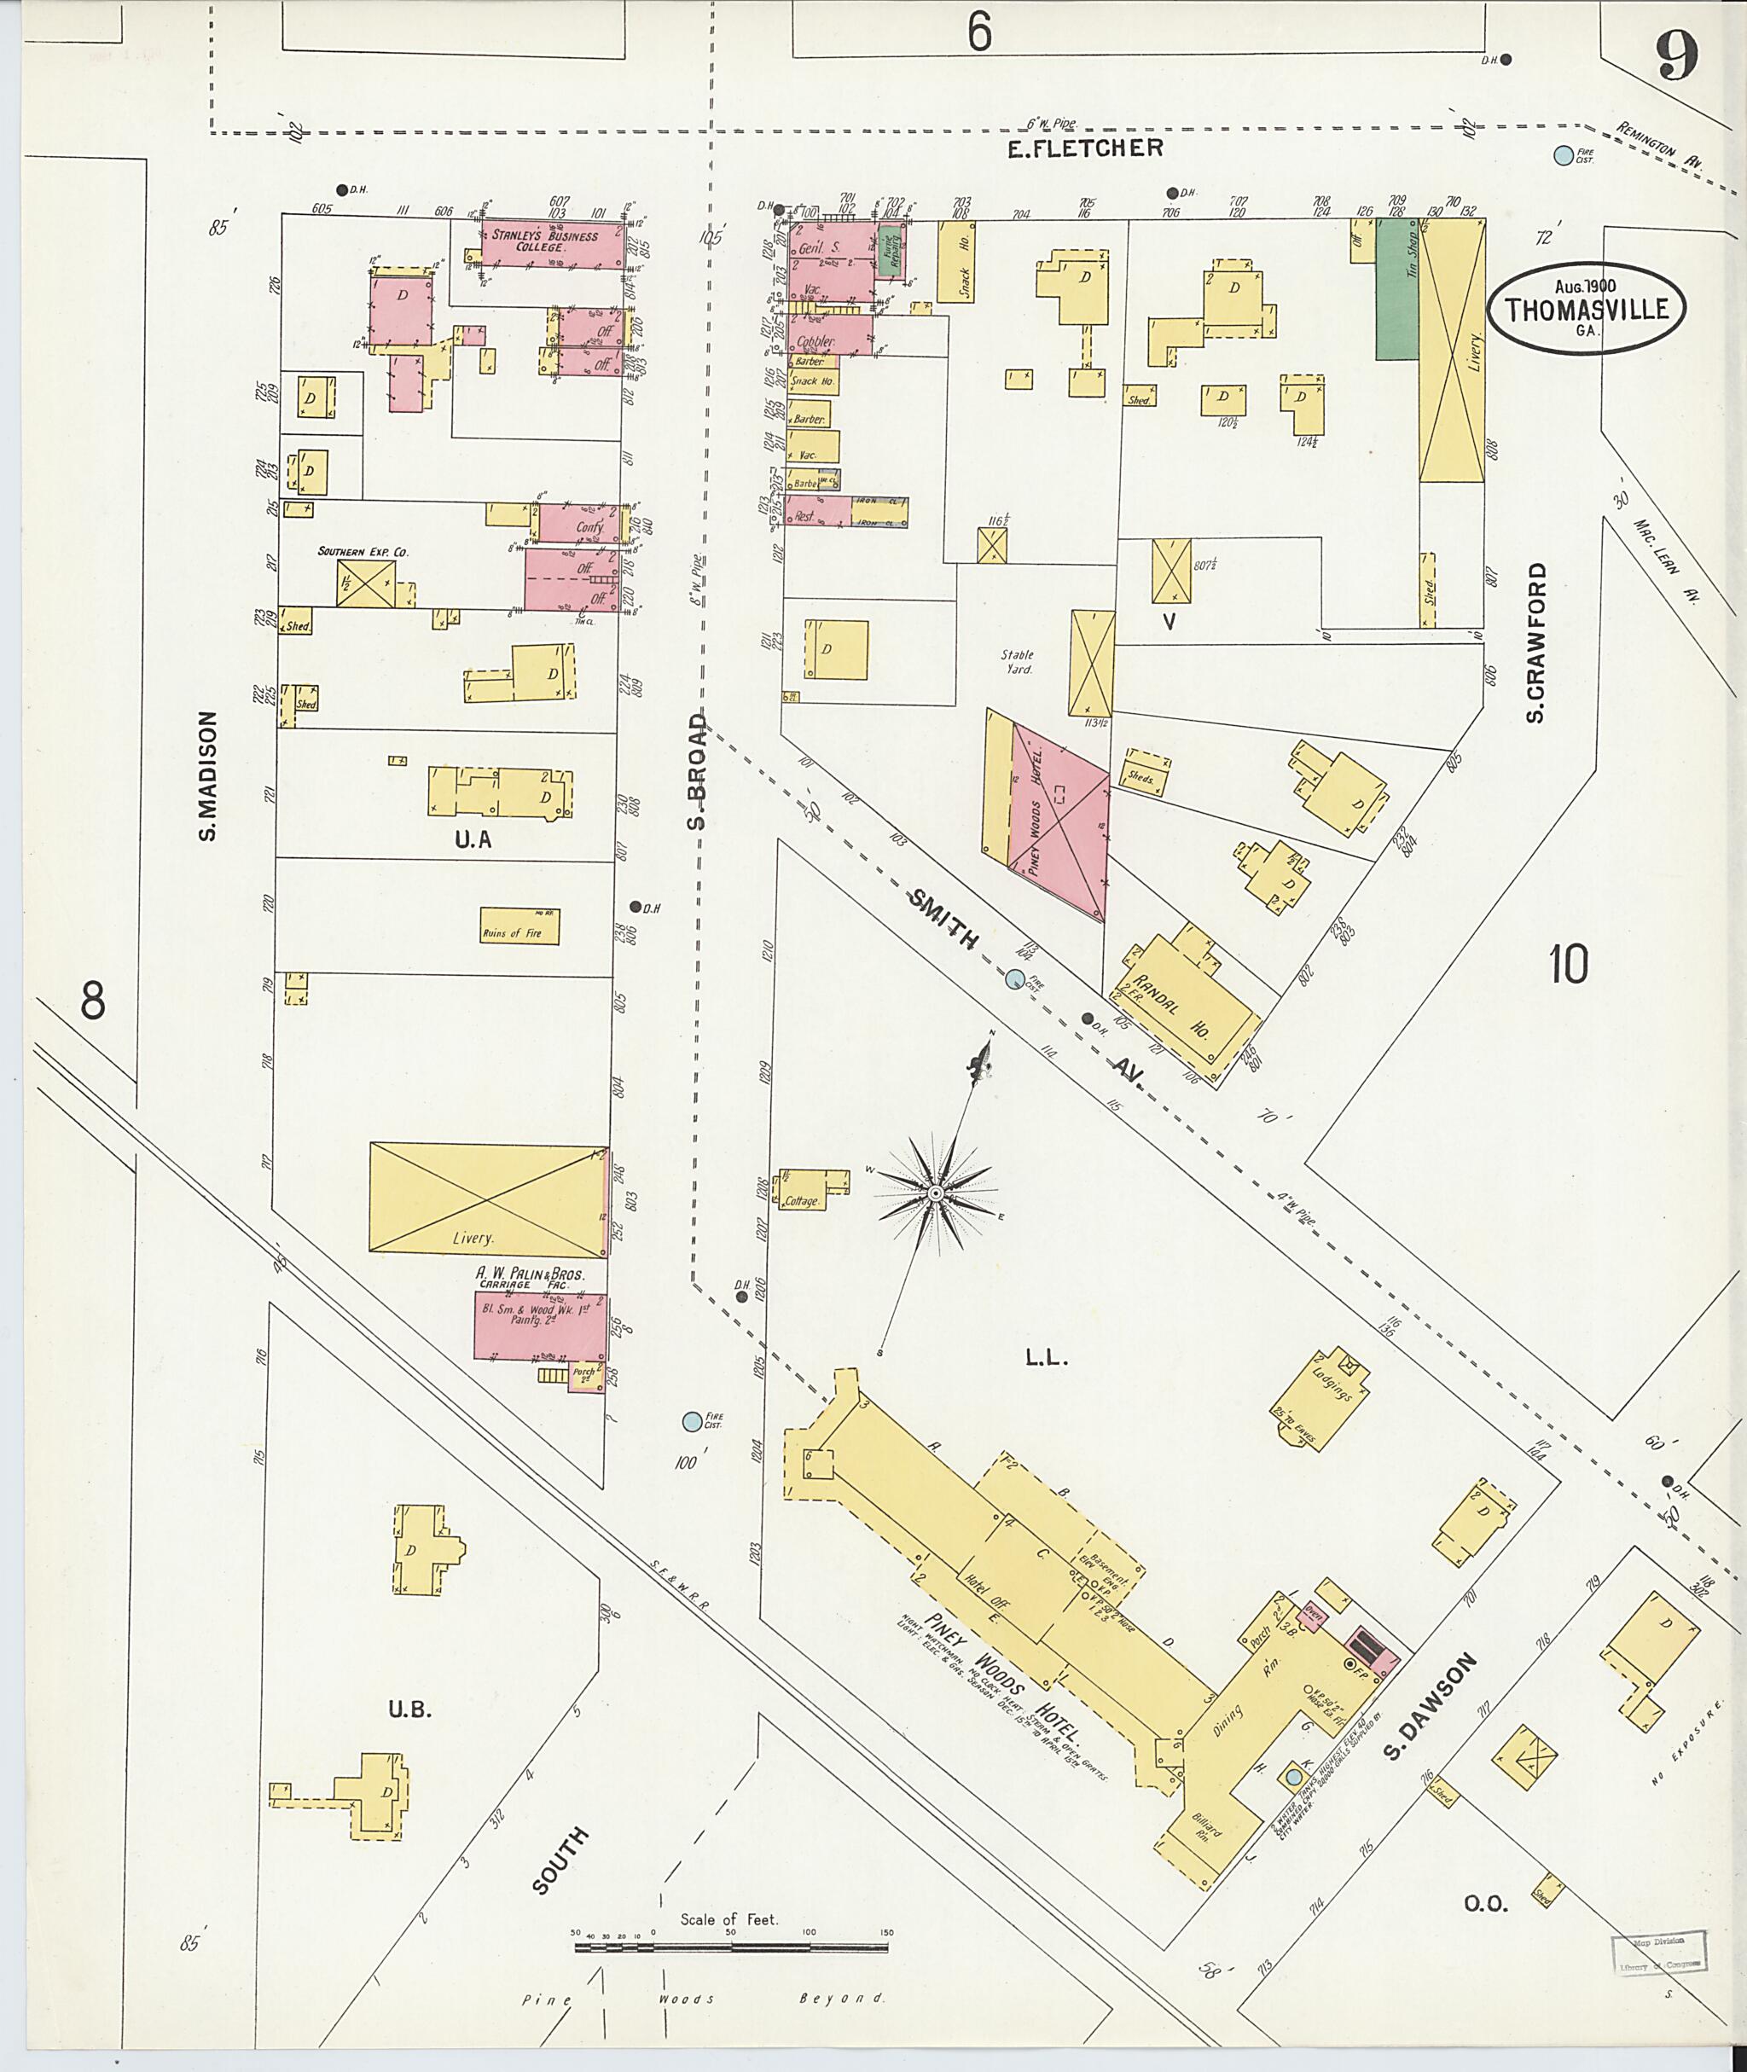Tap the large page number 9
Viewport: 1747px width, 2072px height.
pos(1677,55)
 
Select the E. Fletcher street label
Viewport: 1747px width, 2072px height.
pos(1084,148)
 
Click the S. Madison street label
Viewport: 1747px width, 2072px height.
pos(207,775)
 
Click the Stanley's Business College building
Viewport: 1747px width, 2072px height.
pos(545,241)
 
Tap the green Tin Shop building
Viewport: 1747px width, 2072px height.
pos(1396,289)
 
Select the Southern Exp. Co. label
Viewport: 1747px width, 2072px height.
pos(363,552)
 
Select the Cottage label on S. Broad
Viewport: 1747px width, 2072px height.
pos(800,1201)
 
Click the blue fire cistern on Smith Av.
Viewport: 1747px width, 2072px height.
pos(1014,979)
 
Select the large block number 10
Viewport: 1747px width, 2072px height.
pos(1570,964)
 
